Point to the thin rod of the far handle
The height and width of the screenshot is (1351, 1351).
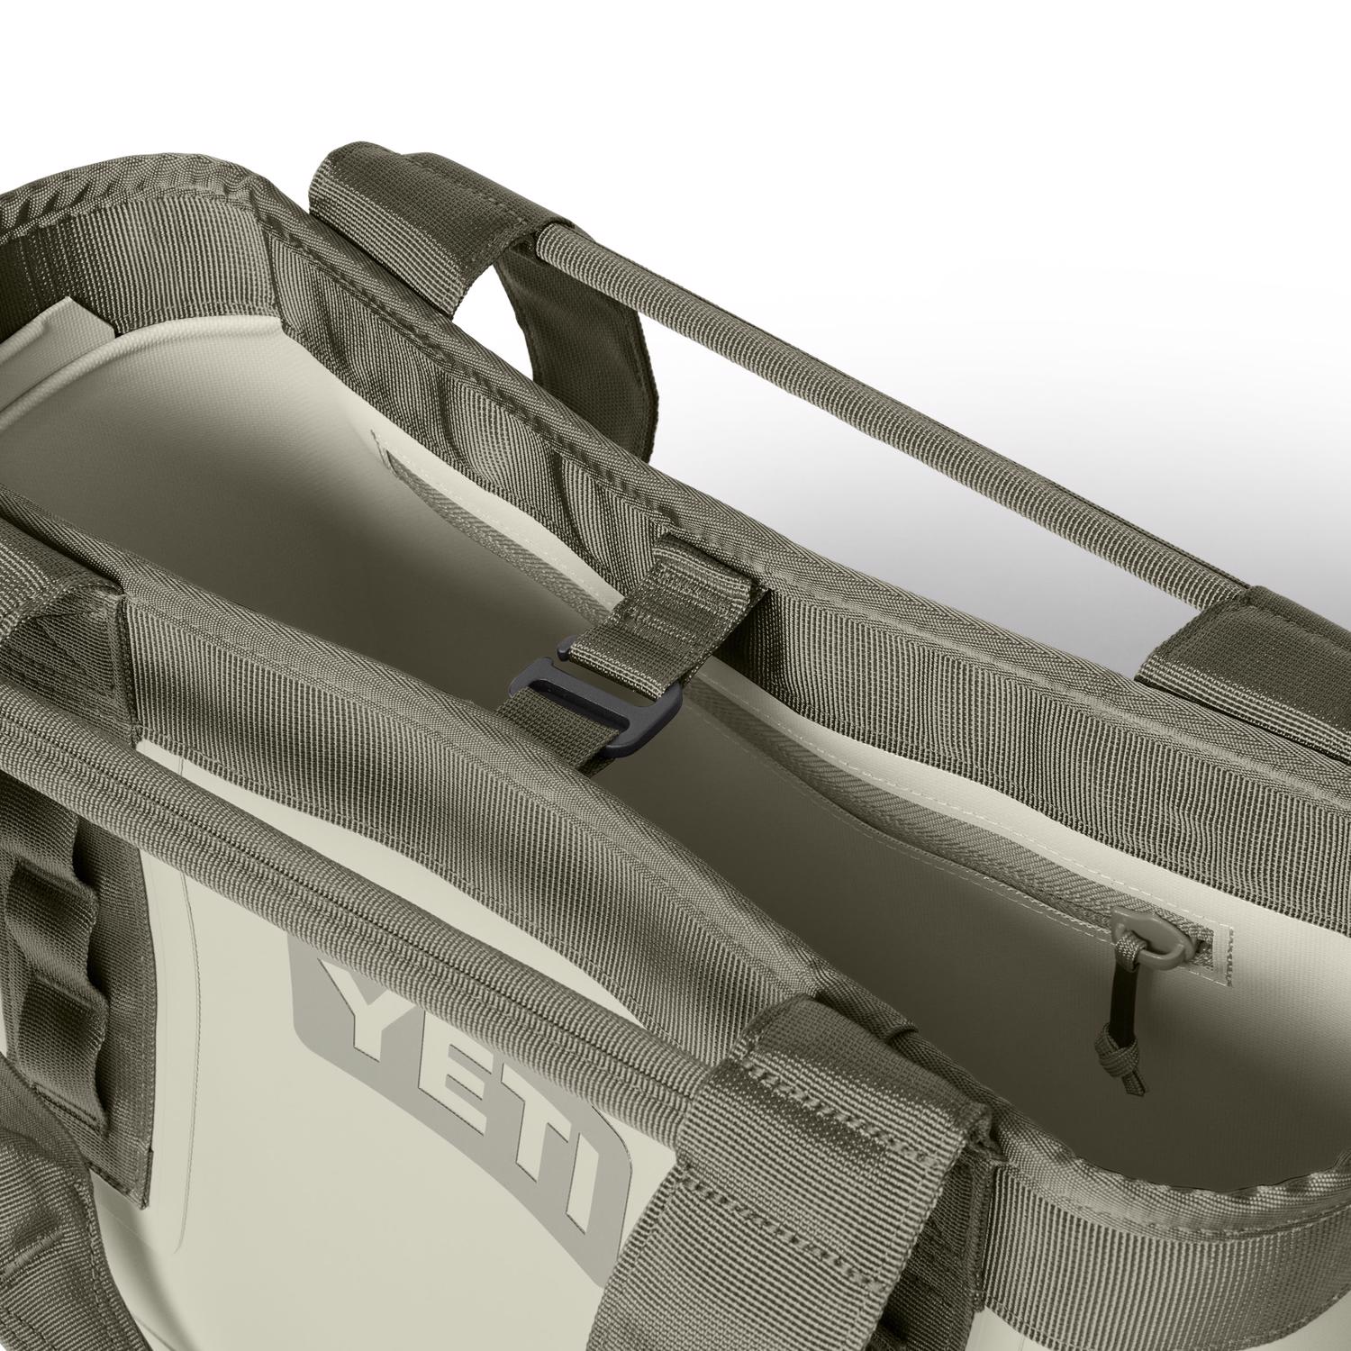901,414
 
